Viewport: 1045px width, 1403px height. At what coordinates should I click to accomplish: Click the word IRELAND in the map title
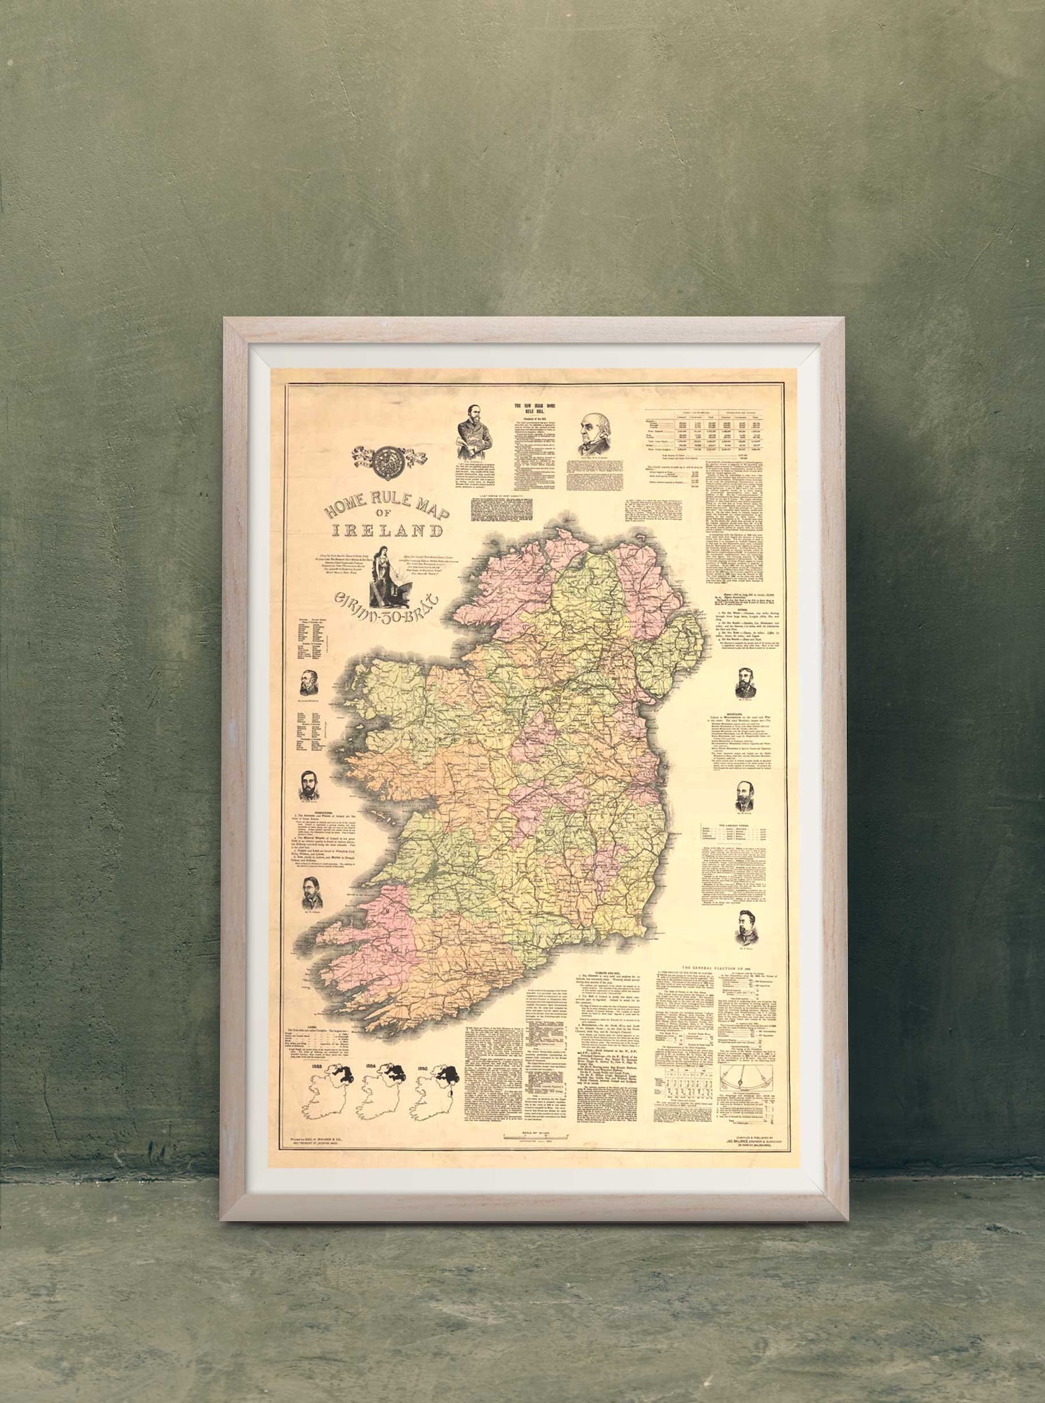386,530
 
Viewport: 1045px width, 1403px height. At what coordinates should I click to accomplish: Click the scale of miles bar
535,1136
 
